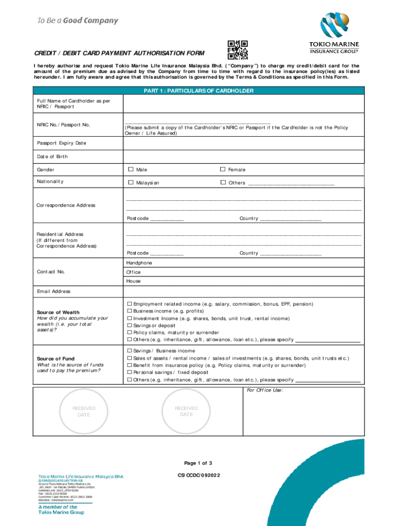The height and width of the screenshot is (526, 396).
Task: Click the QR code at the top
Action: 238,50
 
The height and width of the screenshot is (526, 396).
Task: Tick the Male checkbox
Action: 131,170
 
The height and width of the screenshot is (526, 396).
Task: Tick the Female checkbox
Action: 223,170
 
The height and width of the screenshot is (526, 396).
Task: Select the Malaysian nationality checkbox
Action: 131,182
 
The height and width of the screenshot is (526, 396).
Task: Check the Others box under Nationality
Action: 223,182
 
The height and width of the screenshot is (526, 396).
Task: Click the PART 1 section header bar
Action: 198,91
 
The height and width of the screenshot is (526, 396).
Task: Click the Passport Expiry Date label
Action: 61,143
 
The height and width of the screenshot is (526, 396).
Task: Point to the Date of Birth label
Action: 52,156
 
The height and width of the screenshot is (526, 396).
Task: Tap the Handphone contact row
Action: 139,263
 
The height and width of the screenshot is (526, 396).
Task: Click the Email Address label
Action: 53,291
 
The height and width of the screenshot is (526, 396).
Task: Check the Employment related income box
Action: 130,304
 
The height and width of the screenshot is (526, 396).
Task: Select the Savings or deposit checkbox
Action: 130,326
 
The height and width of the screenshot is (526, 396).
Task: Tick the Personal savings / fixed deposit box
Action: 130,372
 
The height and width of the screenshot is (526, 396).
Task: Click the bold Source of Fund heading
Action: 56,359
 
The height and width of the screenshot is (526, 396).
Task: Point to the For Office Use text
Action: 265,390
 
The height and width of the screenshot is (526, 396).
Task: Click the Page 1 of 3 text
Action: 198,463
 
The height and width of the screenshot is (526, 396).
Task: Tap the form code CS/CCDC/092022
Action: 198,476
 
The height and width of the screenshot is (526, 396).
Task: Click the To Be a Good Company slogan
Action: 77,21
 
